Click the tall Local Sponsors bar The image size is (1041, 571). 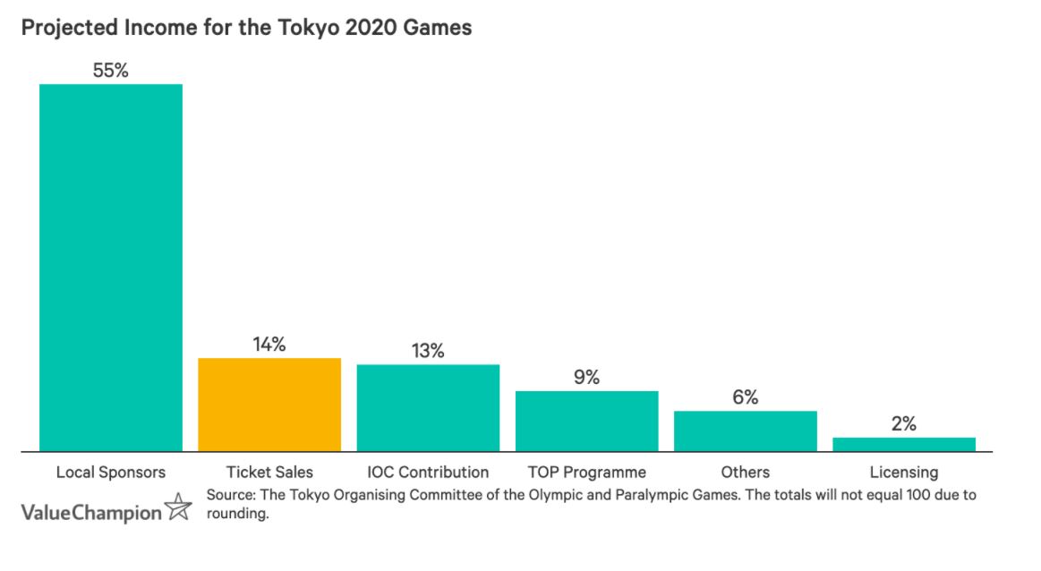coord(111,268)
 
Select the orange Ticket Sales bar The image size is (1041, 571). coord(269,405)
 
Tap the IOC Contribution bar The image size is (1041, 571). coord(428,408)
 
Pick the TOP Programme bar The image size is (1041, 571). coord(586,421)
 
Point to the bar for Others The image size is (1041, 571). coord(745,431)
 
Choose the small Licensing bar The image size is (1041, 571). coord(903,444)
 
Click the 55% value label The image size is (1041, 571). coord(111,71)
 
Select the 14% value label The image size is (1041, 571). coord(269,345)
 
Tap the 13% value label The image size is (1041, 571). coord(428,351)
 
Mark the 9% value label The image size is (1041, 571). coord(586,378)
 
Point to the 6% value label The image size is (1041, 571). coord(745,397)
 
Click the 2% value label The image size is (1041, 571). coord(903,424)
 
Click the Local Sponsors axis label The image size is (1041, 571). coord(111,472)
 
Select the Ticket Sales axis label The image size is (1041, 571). coord(269,472)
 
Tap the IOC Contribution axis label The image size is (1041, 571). coord(428,472)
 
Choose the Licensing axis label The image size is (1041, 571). coord(903,472)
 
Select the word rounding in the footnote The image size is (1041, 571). coord(236,515)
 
